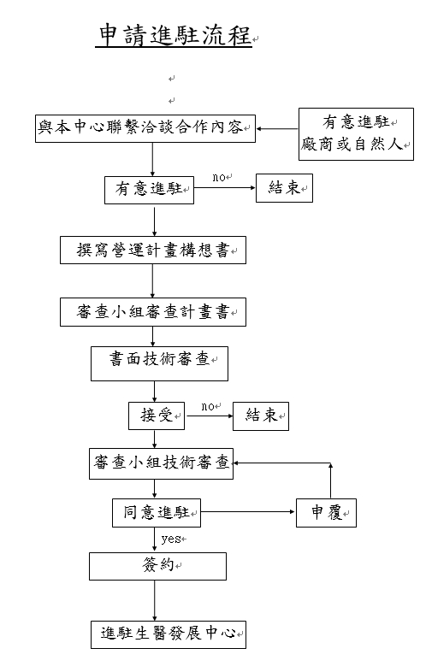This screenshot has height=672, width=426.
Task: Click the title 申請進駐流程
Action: coord(174,35)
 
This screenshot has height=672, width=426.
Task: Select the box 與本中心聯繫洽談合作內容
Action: coord(145,128)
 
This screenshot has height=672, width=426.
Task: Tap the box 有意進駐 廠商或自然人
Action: coord(356,134)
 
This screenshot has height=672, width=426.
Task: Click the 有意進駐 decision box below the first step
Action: coord(150,190)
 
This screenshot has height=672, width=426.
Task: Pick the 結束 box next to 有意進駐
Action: coord(285,188)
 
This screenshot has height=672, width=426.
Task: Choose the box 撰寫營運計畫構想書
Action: coord(153,250)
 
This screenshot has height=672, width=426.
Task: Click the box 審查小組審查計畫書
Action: coord(153,312)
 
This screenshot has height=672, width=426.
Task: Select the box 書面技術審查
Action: coord(159,364)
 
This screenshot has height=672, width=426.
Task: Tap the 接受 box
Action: coord(157,416)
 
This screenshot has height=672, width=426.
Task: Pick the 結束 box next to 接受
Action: coord(261,416)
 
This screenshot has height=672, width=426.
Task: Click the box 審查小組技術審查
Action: coord(161,463)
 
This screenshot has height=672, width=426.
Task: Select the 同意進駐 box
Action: coord(157,513)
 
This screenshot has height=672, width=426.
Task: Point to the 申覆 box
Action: coord(326,513)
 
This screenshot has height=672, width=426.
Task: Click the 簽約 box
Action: coord(157,566)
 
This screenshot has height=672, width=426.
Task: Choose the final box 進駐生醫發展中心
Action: coord(169,634)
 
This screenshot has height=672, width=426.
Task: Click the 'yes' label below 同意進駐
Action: coord(171,539)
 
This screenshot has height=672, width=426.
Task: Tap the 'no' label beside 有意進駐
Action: coord(219,177)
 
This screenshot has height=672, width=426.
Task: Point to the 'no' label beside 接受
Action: coord(208,406)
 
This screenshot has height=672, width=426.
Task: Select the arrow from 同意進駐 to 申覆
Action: coord(248,512)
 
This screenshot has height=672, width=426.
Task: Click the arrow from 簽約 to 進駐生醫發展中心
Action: coord(155,600)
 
